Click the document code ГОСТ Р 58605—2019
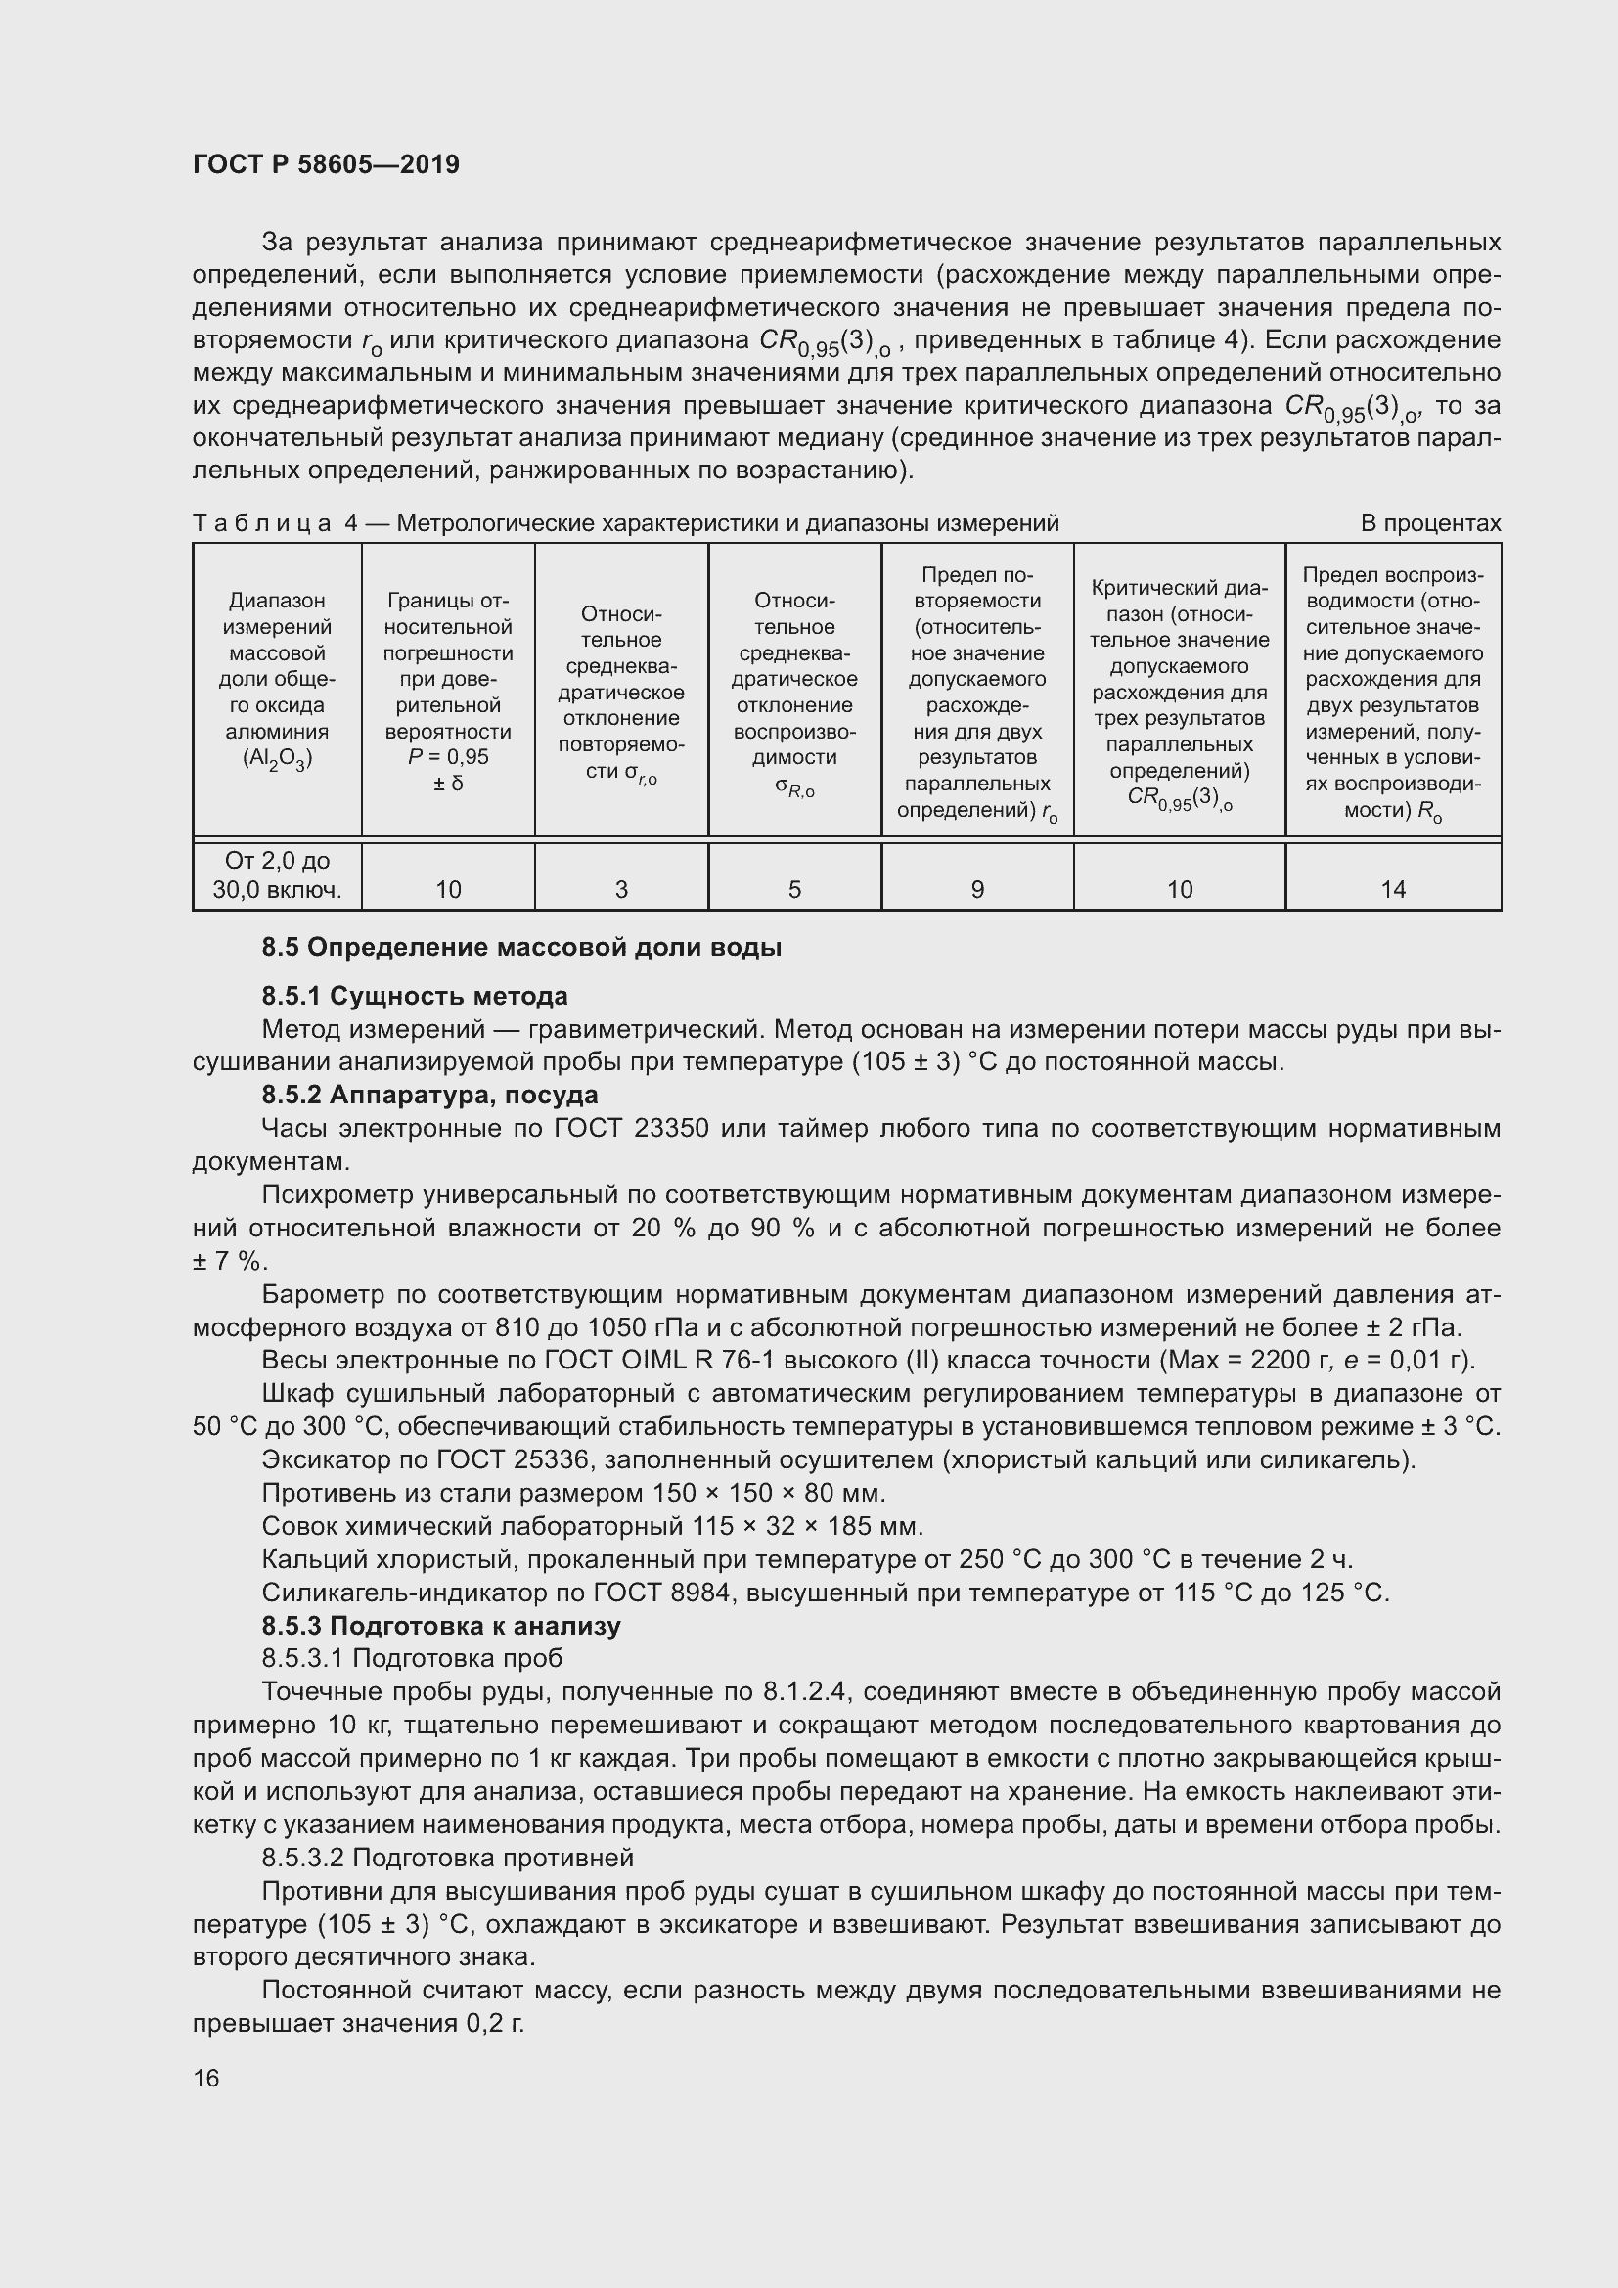326,164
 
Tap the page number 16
206,2078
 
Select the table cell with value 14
1393,889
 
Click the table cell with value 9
977,889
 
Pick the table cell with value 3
621,889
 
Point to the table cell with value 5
794,889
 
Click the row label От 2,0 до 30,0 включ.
277,875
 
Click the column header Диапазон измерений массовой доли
277,679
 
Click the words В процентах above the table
1431,523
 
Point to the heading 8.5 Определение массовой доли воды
521,947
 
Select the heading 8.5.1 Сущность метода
415,996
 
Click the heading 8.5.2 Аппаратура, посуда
429,1095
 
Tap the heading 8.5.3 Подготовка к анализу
440,1626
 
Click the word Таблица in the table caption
261,523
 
